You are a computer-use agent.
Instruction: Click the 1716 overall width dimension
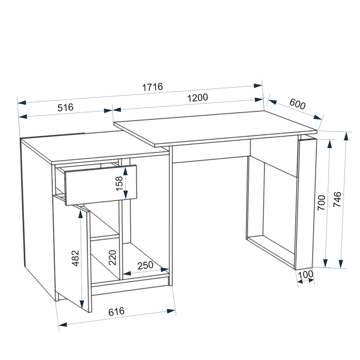click(x=152, y=87)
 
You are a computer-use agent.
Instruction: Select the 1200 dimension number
click(x=197, y=98)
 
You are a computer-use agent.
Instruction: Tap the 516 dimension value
click(x=66, y=107)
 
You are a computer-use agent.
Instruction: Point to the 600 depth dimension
click(x=297, y=104)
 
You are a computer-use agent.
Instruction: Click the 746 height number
click(x=338, y=199)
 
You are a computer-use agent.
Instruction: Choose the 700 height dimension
click(x=321, y=203)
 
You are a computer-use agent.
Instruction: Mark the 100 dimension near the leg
click(x=305, y=274)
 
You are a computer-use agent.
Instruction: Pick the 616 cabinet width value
click(x=116, y=311)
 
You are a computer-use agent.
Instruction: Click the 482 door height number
click(x=75, y=258)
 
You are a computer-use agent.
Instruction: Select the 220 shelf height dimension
click(x=112, y=257)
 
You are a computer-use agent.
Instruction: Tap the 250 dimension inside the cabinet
click(x=145, y=265)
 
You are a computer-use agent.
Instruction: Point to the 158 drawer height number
click(x=120, y=184)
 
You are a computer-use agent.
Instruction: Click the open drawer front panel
click(x=101, y=185)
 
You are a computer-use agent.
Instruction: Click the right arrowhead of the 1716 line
click(x=258, y=86)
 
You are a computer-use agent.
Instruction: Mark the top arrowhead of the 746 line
click(x=346, y=137)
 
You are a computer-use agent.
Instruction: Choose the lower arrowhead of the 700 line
click(x=325, y=263)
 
